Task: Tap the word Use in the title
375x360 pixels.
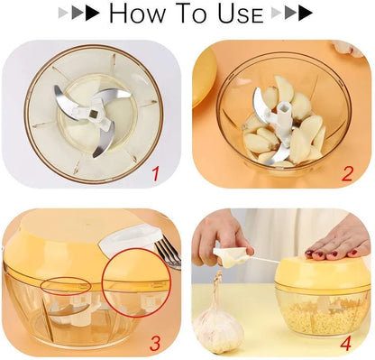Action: click(x=241, y=14)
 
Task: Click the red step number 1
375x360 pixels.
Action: click(x=155, y=174)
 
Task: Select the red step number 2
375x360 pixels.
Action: click(x=347, y=173)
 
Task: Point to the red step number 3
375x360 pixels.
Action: click(x=155, y=343)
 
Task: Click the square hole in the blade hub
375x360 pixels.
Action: click(x=94, y=114)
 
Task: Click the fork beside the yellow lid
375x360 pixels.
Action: click(x=168, y=252)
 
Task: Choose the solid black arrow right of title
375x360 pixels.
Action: click(x=306, y=13)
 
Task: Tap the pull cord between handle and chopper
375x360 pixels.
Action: click(x=264, y=260)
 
